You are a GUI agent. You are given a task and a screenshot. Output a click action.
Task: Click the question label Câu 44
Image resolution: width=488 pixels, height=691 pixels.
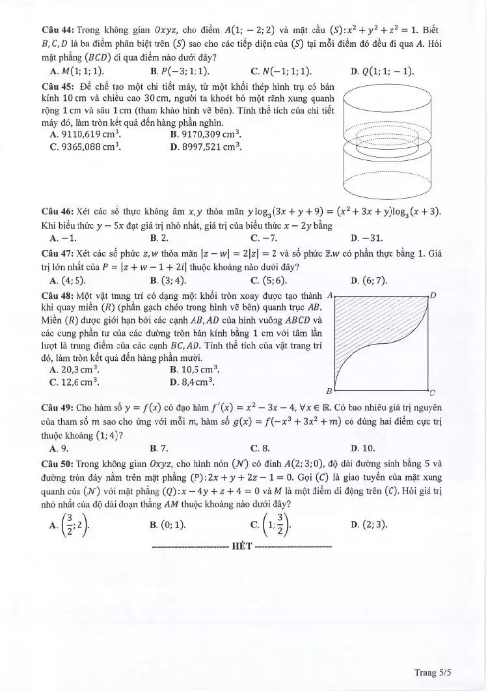coord(57,30)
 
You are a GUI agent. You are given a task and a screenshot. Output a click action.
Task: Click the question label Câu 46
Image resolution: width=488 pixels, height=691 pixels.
coord(57,211)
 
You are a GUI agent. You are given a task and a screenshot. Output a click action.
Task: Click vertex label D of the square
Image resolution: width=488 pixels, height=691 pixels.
coord(433,296)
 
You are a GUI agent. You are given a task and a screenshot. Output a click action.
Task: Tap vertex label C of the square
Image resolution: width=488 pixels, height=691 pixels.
coord(433,392)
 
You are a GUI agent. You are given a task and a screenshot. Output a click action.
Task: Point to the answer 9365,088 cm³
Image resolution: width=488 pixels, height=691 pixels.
coord(90,147)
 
